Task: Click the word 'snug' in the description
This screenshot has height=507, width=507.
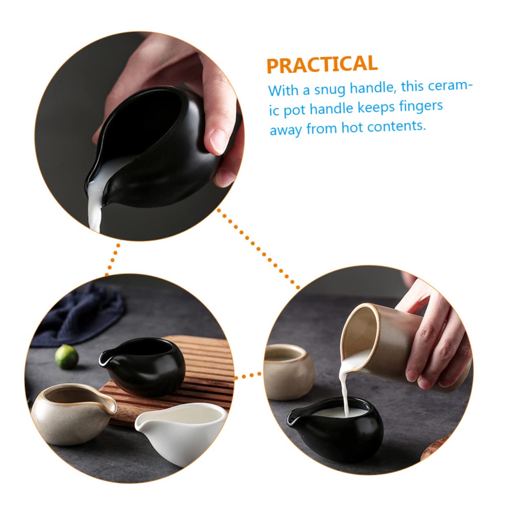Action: (330, 89)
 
